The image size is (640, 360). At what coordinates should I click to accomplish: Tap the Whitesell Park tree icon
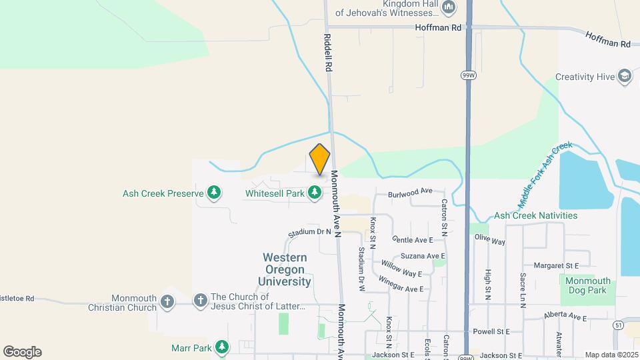coord(315,193)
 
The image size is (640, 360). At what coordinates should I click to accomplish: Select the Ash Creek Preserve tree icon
coord(214,193)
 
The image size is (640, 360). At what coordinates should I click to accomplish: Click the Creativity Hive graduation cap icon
coord(625,77)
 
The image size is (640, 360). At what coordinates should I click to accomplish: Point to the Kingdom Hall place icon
coord(449,9)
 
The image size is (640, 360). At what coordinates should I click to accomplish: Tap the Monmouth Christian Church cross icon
coord(167,302)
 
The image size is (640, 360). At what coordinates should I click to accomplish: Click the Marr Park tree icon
coord(222,347)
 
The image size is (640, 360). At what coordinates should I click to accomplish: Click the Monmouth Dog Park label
coord(587,285)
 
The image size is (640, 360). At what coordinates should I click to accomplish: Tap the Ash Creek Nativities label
coord(535,216)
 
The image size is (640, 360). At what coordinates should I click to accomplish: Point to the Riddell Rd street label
coord(328,53)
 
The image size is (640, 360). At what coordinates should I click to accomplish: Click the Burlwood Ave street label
coord(410,192)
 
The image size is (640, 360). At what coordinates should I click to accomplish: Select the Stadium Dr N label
coord(310,232)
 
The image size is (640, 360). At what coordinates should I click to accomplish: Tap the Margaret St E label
coord(551,265)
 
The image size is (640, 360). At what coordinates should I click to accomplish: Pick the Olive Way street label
coord(489,240)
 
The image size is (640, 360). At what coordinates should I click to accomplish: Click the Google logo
coord(22,352)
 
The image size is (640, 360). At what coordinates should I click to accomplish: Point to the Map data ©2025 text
coord(611,355)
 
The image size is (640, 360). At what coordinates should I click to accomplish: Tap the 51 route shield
coord(619,324)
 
